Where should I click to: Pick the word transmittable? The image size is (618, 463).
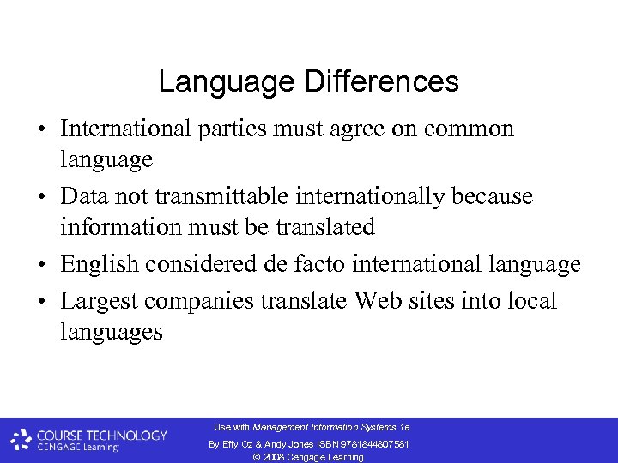point(225,196)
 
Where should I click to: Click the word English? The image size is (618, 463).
point(100,265)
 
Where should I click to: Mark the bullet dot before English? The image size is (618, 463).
point(41,266)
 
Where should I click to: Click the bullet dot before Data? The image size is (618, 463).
point(41,197)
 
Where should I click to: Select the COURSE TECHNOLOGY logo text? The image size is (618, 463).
point(101,436)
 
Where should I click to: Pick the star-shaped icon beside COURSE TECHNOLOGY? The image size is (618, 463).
point(21,440)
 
